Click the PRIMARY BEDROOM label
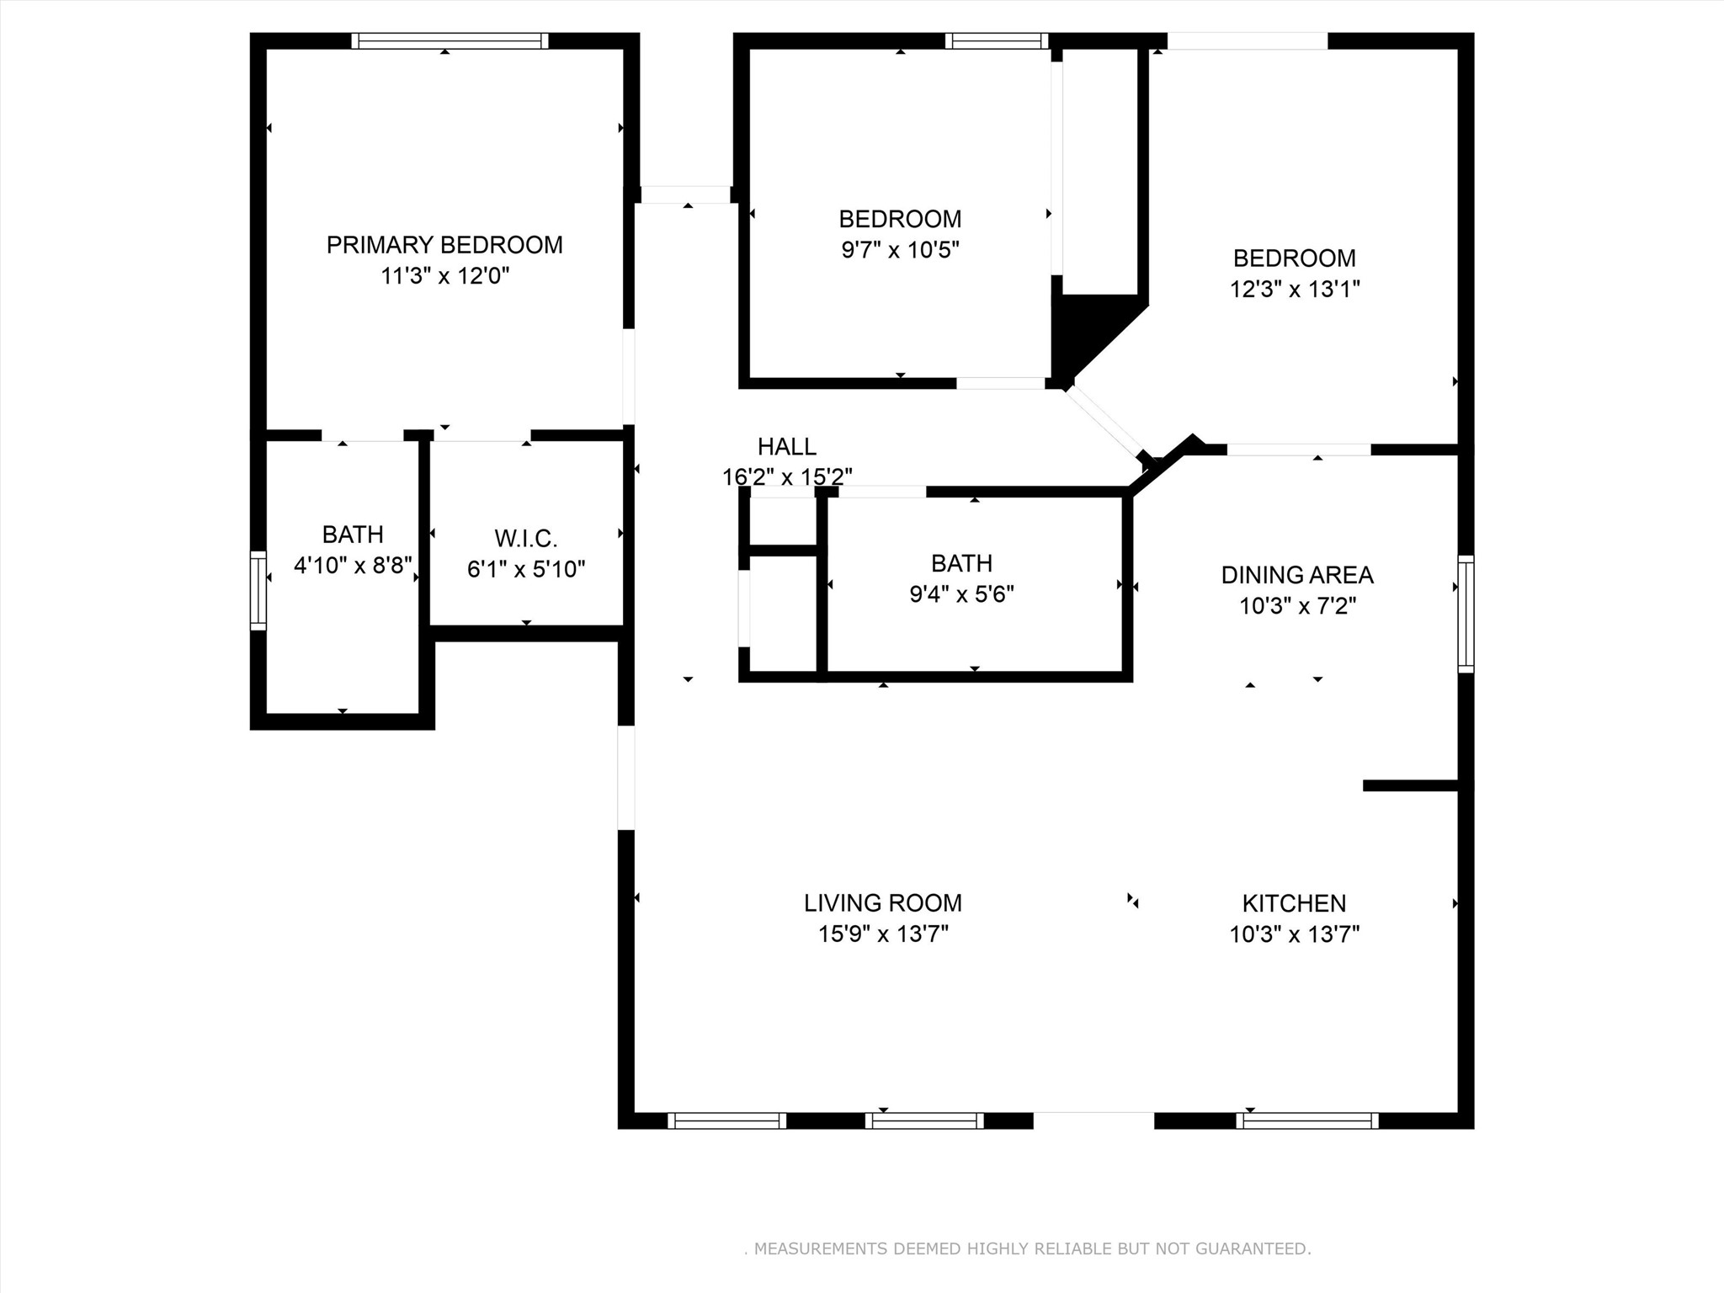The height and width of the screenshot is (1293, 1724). pos(444,245)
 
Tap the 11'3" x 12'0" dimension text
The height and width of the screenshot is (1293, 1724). pos(444,276)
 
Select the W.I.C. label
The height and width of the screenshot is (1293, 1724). pos(526,538)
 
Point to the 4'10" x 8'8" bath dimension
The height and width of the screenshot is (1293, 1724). pos(353,565)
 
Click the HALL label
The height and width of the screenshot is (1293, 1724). pos(786,446)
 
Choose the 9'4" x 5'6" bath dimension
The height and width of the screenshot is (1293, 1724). pos(961,594)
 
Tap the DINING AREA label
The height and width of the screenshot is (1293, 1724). pos(1296,575)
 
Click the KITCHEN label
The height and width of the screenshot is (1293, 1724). pos(1294,903)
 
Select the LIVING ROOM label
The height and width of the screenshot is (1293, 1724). pos(882,903)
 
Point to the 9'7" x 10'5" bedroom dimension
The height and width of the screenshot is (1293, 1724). pos(900,250)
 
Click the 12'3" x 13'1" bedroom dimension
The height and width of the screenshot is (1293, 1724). pos(1295,290)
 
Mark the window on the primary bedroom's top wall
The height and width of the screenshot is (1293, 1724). pos(450,40)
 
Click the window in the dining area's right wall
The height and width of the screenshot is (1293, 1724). pos(1466,614)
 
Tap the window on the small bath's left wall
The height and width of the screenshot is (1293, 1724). pos(258,590)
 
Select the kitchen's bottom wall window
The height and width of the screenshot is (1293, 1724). pos(1306,1120)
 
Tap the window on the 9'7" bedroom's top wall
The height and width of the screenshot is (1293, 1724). pos(997,40)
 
